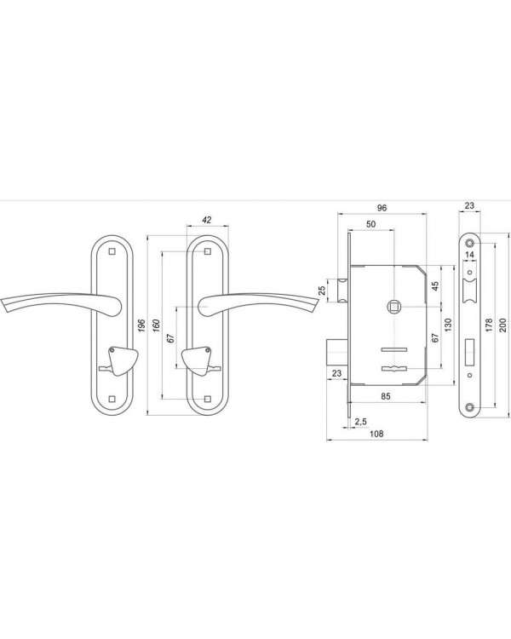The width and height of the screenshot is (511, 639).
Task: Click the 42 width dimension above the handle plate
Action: (x=207, y=220)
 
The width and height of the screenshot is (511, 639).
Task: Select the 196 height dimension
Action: (x=141, y=325)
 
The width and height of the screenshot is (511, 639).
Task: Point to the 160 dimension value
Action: (x=156, y=325)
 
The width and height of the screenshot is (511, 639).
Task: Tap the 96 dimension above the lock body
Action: (x=382, y=208)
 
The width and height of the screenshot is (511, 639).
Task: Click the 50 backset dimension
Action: (x=370, y=224)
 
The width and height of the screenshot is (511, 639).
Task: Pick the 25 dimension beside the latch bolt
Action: (x=322, y=291)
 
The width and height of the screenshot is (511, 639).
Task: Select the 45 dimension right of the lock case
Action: (x=435, y=286)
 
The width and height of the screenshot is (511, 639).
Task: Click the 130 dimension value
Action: (x=448, y=325)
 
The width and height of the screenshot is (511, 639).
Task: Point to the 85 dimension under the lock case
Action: (x=386, y=396)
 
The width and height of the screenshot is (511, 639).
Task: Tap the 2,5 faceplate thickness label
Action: (x=360, y=422)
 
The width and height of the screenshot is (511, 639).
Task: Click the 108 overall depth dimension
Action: (x=376, y=434)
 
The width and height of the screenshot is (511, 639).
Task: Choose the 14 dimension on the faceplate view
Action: (x=469, y=255)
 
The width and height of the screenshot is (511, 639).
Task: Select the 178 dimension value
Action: (x=489, y=325)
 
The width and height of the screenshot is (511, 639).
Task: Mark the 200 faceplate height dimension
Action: (x=502, y=325)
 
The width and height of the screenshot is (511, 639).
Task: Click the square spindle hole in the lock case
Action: (x=394, y=306)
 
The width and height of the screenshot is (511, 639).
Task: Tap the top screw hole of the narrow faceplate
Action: (x=470, y=244)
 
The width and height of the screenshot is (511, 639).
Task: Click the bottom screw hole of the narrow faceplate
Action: (x=470, y=406)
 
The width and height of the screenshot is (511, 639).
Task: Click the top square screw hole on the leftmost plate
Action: (x=112, y=251)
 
